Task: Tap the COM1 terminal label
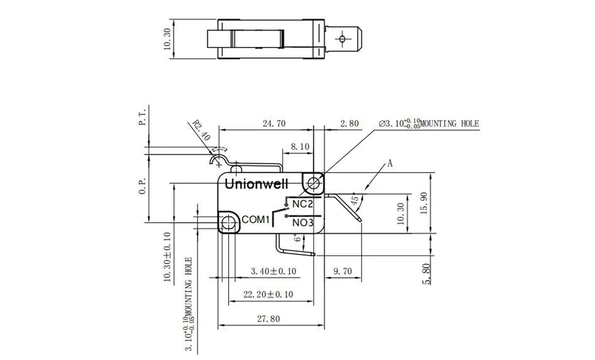(x=255, y=219)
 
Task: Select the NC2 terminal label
(x=303, y=204)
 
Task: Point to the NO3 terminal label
(x=303, y=223)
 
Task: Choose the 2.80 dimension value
(x=349, y=124)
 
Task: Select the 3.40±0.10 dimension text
(x=274, y=270)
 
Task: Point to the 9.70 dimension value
(x=342, y=270)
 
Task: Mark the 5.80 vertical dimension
(x=427, y=273)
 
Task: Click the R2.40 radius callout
(x=201, y=132)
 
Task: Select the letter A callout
(x=390, y=164)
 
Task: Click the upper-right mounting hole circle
(x=315, y=183)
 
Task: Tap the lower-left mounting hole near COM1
(x=228, y=222)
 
